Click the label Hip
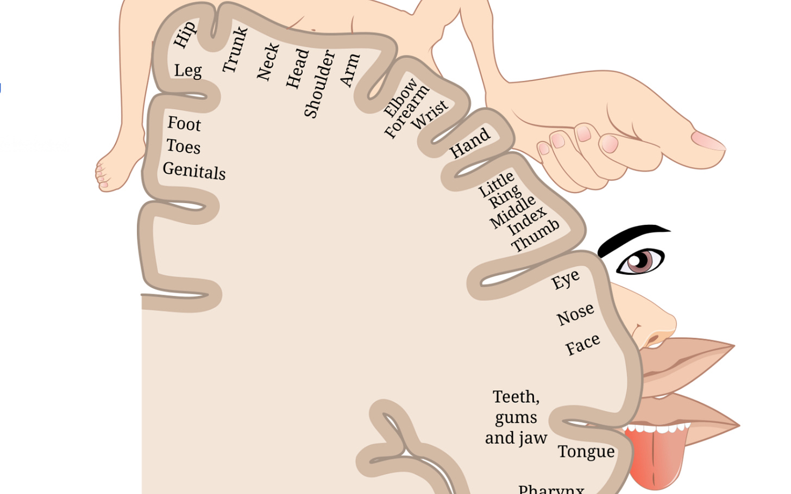(184, 34)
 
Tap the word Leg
(188, 71)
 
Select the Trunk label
(235, 49)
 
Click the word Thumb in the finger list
(535, 235)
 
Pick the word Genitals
(194, 170)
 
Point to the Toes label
(183, 146)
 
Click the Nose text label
(575, 314)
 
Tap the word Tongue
(586, 452)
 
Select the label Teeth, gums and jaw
(516, 417)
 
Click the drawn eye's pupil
(642, 259)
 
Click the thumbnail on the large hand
(708, 140)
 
